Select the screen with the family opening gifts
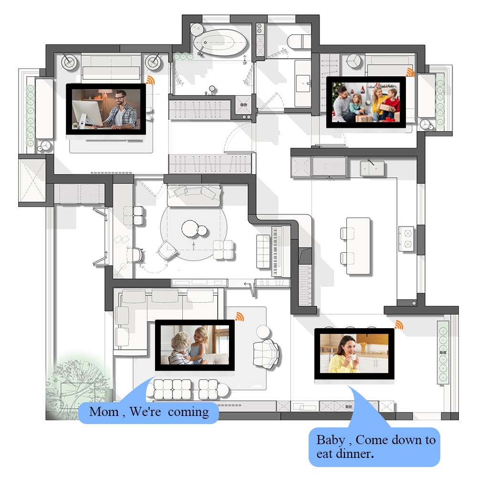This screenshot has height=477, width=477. click(366, 103)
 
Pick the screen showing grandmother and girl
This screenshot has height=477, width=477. click(195, 345)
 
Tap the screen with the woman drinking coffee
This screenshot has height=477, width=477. click(354, 353)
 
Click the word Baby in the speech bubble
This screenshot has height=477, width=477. click(331, 439)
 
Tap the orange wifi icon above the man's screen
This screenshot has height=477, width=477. click(151, 80)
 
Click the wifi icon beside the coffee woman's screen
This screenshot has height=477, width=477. click(398, 325)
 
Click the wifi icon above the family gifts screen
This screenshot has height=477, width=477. click(410, 72)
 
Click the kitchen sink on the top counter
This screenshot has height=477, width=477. click(372, 168)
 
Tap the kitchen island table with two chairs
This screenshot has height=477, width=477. click(358, 246)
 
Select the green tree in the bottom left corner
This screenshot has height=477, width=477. click(76, 386)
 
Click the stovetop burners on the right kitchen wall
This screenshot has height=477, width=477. click(407, 238)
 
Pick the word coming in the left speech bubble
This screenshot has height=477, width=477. click(188, 412)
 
